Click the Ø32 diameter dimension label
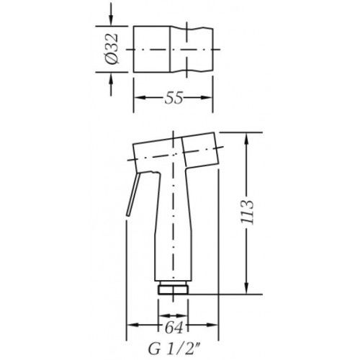point(112,49)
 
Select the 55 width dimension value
point(174,98)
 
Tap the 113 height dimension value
point(248,212)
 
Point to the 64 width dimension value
point(174,328)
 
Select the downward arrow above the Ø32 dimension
point(111,14)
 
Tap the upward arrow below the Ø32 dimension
point(111,84)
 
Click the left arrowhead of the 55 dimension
point(140,98)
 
